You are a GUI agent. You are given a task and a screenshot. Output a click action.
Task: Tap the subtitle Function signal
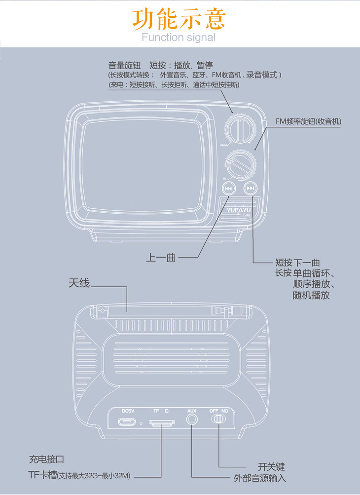(x=179, y=38)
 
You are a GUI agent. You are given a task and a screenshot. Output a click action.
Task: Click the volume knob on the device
(x=240, y=129)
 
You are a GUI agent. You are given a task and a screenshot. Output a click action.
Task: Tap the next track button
(x=251, y=188)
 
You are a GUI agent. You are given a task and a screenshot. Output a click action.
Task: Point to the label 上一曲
(x=161, y=257)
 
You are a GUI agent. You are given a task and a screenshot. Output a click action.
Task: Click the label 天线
(x=79, y=283)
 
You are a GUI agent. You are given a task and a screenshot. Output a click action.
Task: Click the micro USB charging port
(x=127, y=422)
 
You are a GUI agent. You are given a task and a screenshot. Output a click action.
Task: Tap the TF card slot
(x=161, y=423)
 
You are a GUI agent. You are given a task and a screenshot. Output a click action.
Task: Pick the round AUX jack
(x=192, y=419)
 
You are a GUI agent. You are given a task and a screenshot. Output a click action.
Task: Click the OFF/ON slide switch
(x=218, y=419)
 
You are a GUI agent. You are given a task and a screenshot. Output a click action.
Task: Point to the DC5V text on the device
(x=128, y=411)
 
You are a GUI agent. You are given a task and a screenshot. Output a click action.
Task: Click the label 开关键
(x=271, y=466)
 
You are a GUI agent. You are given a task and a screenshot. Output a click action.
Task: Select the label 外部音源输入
(x=259, y=478)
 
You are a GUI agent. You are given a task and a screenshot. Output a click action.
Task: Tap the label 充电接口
(x=47, y=459)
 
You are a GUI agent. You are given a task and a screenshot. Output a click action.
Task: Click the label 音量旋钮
(x=125, y=65)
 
